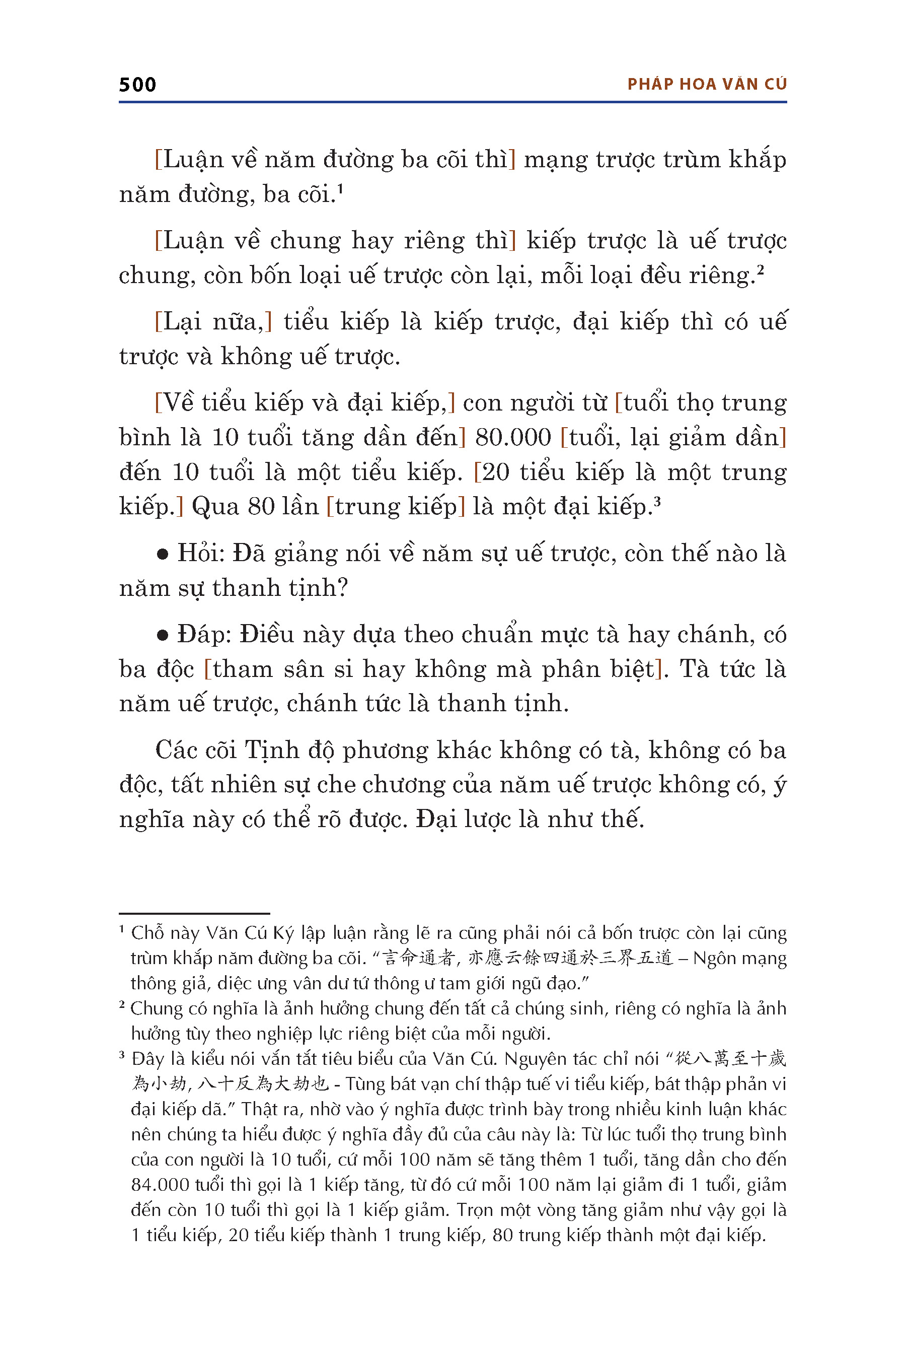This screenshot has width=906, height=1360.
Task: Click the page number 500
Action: click(137, 85)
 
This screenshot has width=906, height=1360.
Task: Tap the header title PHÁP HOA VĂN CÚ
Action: click(707, 85)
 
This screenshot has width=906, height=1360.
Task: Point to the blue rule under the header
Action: click(452, 102)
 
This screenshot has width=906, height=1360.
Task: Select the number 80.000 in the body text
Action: click(512, 438)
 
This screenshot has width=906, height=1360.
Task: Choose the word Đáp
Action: click(203, 634)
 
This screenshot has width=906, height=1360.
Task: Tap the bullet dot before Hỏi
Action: click(163, 555)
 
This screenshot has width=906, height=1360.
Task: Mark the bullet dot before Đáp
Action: click(163, 636)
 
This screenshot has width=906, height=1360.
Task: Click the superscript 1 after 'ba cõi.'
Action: click(340, 188)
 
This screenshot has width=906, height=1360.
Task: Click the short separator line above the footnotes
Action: click(194, 913)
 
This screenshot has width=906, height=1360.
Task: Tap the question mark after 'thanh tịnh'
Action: click(341, 588)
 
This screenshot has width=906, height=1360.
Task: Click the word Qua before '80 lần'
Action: click(215, 507)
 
